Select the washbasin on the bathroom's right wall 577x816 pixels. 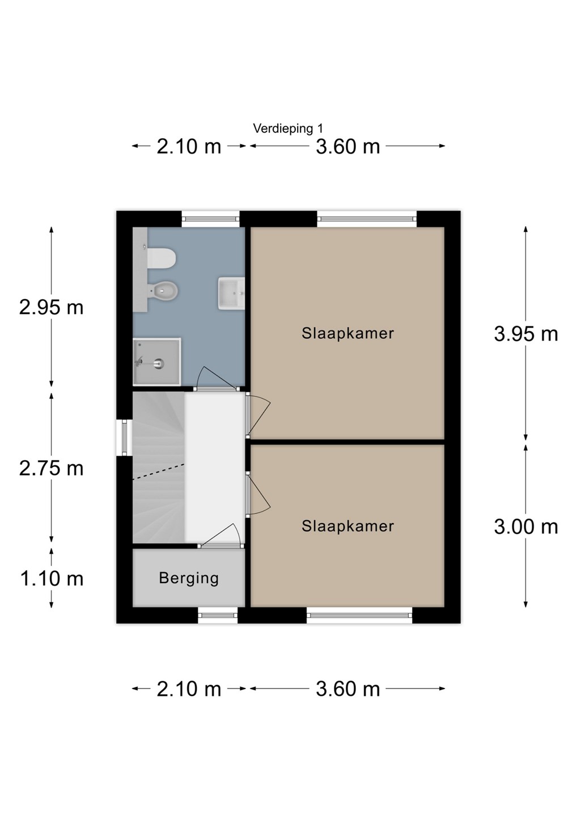[231, 294]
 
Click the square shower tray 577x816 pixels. [157, 362]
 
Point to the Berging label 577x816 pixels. [189, 578]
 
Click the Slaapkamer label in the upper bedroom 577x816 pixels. [347, 333]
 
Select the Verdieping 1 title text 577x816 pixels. [288, 129]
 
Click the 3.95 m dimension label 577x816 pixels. [525, 334]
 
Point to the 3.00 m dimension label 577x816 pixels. [525, 527]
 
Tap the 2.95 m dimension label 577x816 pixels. [52, 308]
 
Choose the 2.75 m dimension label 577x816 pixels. [52, 469]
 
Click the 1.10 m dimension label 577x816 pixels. [52, 579]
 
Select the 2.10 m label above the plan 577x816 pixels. [189, 147]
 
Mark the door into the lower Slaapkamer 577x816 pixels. [258, 494]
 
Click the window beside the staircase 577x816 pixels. [124, 437]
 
